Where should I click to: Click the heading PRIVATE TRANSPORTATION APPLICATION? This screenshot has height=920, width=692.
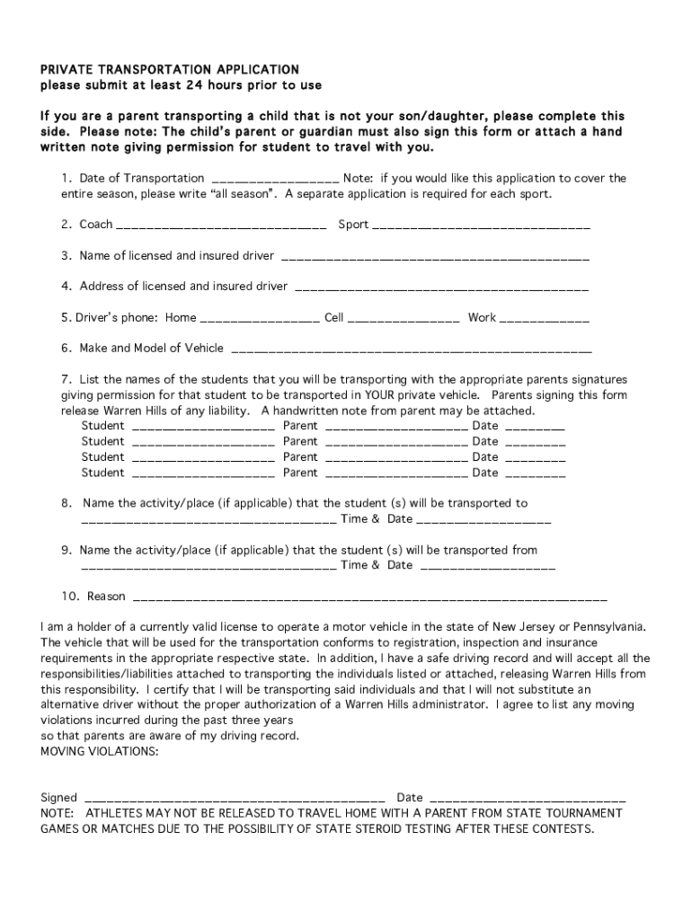click(170, 69)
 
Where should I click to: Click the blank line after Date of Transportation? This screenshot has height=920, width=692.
click(274, 180)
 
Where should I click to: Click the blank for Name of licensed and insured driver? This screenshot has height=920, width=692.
click(435, 257)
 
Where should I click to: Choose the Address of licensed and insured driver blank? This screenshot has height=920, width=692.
click(441, 287)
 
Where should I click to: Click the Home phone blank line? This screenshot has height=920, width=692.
click(259, 319)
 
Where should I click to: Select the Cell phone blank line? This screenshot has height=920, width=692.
click(404, 319)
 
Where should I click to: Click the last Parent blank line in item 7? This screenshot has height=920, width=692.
click(395, 474)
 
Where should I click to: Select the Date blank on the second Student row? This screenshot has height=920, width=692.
click(535, 443)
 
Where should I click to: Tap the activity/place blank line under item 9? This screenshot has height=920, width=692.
click(208, 567)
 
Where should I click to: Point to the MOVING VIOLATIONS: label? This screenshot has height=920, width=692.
click(100, 751)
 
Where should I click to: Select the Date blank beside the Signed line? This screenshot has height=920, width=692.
click(528, 799)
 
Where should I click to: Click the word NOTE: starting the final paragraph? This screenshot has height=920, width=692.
click(59, 813)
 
